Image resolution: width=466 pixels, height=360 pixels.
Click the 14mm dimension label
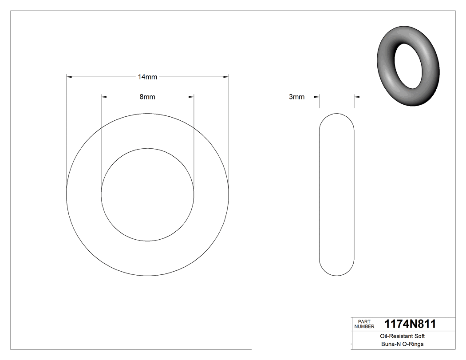[147, 77]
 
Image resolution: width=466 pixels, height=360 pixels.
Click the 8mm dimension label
[147, 97]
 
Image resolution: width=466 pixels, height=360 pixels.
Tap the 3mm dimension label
[296, 97]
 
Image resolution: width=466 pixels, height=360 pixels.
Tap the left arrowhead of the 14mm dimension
[69, 77]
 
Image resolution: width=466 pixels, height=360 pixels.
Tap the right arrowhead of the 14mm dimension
[225, 77]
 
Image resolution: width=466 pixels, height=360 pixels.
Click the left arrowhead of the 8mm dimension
[104, 97]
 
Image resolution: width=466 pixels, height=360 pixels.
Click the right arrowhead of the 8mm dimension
[191, 97]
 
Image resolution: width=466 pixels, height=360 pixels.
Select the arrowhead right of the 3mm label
[316, 97]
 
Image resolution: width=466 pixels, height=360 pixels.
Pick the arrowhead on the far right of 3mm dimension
[357, 97]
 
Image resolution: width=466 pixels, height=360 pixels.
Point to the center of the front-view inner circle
[147, 194]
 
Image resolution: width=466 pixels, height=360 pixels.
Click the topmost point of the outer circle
[147, 114]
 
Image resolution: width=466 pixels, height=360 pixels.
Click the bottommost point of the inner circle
[147, 241]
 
